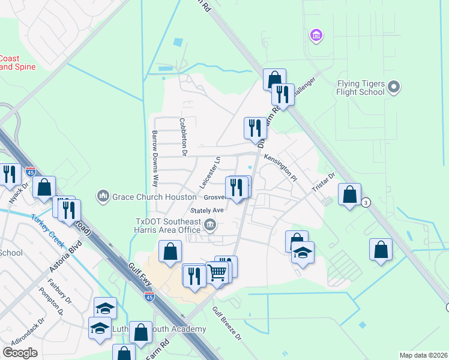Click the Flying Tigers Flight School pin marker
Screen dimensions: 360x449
(394, 88)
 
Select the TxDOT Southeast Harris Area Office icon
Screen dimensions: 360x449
(210, 226)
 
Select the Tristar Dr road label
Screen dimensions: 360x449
(323, 183)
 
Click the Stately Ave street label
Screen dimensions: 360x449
(206, 211)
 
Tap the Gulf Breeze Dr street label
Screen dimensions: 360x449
(226, 324)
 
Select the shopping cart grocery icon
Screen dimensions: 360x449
(217, 272)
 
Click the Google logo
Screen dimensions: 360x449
(20, 352)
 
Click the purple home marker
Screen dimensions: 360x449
(316, 36)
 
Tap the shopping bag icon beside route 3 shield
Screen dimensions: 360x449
(349, 195)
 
